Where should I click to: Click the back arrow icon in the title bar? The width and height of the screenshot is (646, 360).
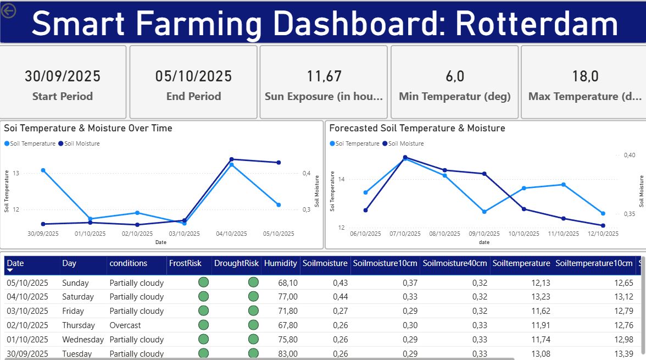pos(9,10)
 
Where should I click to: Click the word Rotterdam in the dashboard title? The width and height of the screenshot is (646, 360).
pos(537,24)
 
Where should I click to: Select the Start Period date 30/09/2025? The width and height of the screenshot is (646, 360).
pos(63,76)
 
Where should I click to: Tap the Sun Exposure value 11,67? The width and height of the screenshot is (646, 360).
pos(324,76)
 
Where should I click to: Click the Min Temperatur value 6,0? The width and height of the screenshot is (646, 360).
pos(455,76)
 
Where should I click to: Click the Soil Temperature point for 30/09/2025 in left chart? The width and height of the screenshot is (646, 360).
pos(43,170)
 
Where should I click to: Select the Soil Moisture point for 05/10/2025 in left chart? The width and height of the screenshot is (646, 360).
pos(279,163)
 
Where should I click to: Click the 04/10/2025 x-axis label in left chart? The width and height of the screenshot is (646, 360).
pos(231,234)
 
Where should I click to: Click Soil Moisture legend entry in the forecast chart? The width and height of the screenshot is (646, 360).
pos(405,143)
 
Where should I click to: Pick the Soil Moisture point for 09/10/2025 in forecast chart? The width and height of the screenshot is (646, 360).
pos(484,174)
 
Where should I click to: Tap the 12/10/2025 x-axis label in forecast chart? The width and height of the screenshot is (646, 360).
pos(603,234)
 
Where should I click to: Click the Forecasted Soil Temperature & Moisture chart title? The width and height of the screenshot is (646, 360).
pos(417,128)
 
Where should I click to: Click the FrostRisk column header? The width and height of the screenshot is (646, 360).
pos(185,263)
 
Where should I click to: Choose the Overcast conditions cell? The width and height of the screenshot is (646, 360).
pos(125,325)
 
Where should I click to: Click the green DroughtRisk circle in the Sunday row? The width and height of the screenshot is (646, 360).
pos(253,283)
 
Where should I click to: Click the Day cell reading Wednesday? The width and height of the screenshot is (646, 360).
pos(83,340)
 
